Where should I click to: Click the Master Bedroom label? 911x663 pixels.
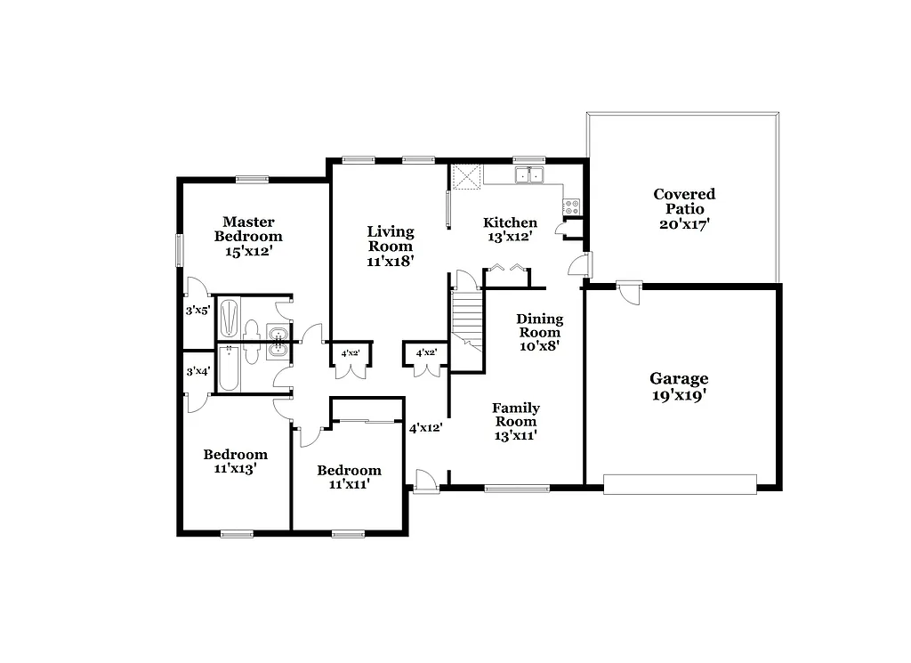click(x=248, y=236)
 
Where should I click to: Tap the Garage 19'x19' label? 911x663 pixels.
click(x=679, y=386)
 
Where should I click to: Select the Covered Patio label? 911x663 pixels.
click(x=684, y=209)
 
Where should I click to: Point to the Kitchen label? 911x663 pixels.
click(x=510, y=229)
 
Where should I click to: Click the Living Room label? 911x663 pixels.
click(x=391, y=246)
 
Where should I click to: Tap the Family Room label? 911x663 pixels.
click(x=516, y=421)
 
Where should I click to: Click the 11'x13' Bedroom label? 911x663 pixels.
click(x=235, y=461)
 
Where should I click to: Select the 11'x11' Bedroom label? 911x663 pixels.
click(x=349, y=477)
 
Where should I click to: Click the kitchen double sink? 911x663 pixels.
click(x=529, y=175)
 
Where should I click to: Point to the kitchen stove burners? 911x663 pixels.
click(x=571, y=206)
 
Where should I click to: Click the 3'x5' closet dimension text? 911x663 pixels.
click(x=197, y=311)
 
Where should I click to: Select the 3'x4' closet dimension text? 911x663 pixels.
click(x=198, y=371)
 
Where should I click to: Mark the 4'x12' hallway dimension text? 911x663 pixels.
click(x=425, y=427)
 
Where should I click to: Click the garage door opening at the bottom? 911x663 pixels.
click(x=680, y=484)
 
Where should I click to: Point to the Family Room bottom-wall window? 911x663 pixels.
click(x=517, y=488)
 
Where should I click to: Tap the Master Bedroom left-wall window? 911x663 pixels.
click(x=180, y=249)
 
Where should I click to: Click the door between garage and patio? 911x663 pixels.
click(x=630, y=290)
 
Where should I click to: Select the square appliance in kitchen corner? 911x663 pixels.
click(x=466, y=176)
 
